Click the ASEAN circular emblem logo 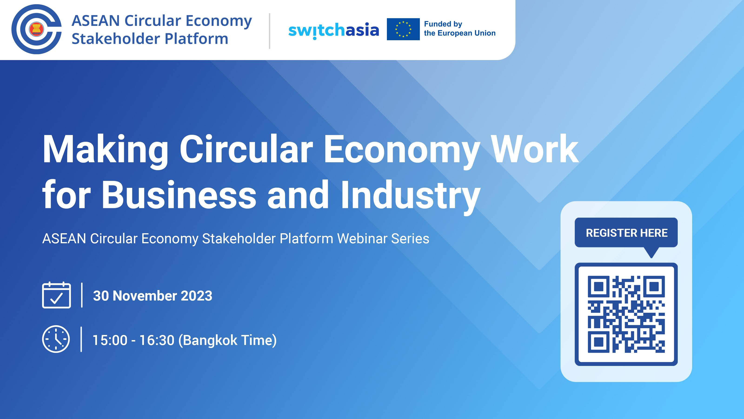pyautogui.click(x=37, y=29)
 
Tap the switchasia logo pyautogui.click(x=334, y=30)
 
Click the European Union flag pyautogui.click(x=403, y=29)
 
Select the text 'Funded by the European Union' pyautogui.click(x=459, y=29)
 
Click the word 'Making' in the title pyautogui.click(x=105, y=150)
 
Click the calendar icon pyautogui.click(x=56, y=295)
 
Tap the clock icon pyautogui.click(x=56, y=339)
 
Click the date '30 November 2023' pyautogui.click(x=153, y=296)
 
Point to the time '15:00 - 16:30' pyautogui.click(x=133, y=340)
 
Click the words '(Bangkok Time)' pyautogui.click(x=228, y=340)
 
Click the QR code pyautogui.click(x=626, y=314)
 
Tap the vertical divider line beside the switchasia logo pyautogui.click(x=269, y=31)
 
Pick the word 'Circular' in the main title pyautogui.click(x=246, y=150)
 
